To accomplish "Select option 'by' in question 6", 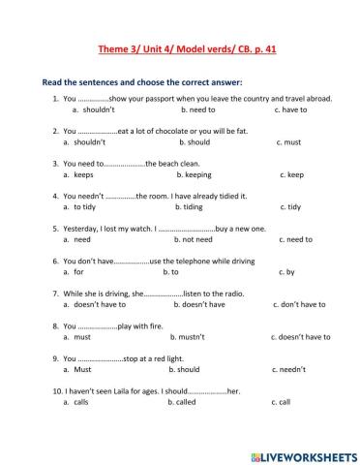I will tap(287, 272).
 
